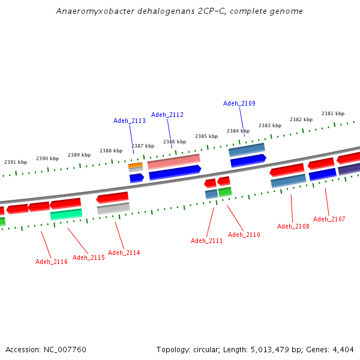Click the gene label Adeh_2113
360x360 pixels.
pyautogui.click(x=130, y=121)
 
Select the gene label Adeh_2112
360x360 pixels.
pyautogui.click(x=167, y=115)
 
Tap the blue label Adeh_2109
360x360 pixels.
pyautogui.click(x=239, y=103)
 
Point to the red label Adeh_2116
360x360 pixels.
pyautogui.click(x=52, y=262)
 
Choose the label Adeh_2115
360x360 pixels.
pyautogui.click(x=89, y=257)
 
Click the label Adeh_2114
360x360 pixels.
pyautogui.click(x=124, y=253)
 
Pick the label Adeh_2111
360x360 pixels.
pyautogui.click(x=206, y=241)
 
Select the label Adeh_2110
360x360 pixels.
pyautogui.click(x=244, y=235)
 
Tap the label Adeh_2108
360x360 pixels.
pyautogui.click(x=293, y=226)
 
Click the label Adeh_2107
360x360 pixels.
pyautogui.click(x=329, y=219)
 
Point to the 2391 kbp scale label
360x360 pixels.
pyautogui.click(x=16, y=162)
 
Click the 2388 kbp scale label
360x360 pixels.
pyautogui.click(x=111, y=151)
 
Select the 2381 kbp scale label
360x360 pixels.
pyautogui.click(x=333, y=113)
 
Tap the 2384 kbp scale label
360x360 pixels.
pyautogui.click(x=238, y=131)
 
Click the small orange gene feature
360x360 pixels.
pyautogui.click(x=135, y=165)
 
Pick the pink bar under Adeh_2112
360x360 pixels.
pyautogui.click(x=173, y=161)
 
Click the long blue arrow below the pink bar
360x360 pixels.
pyautogui.click(x=175, y=172)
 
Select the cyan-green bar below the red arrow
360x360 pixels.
pyautogui.click(x=66, y=214)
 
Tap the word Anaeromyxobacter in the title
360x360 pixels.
pyautogui.click(x=90, y=11)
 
